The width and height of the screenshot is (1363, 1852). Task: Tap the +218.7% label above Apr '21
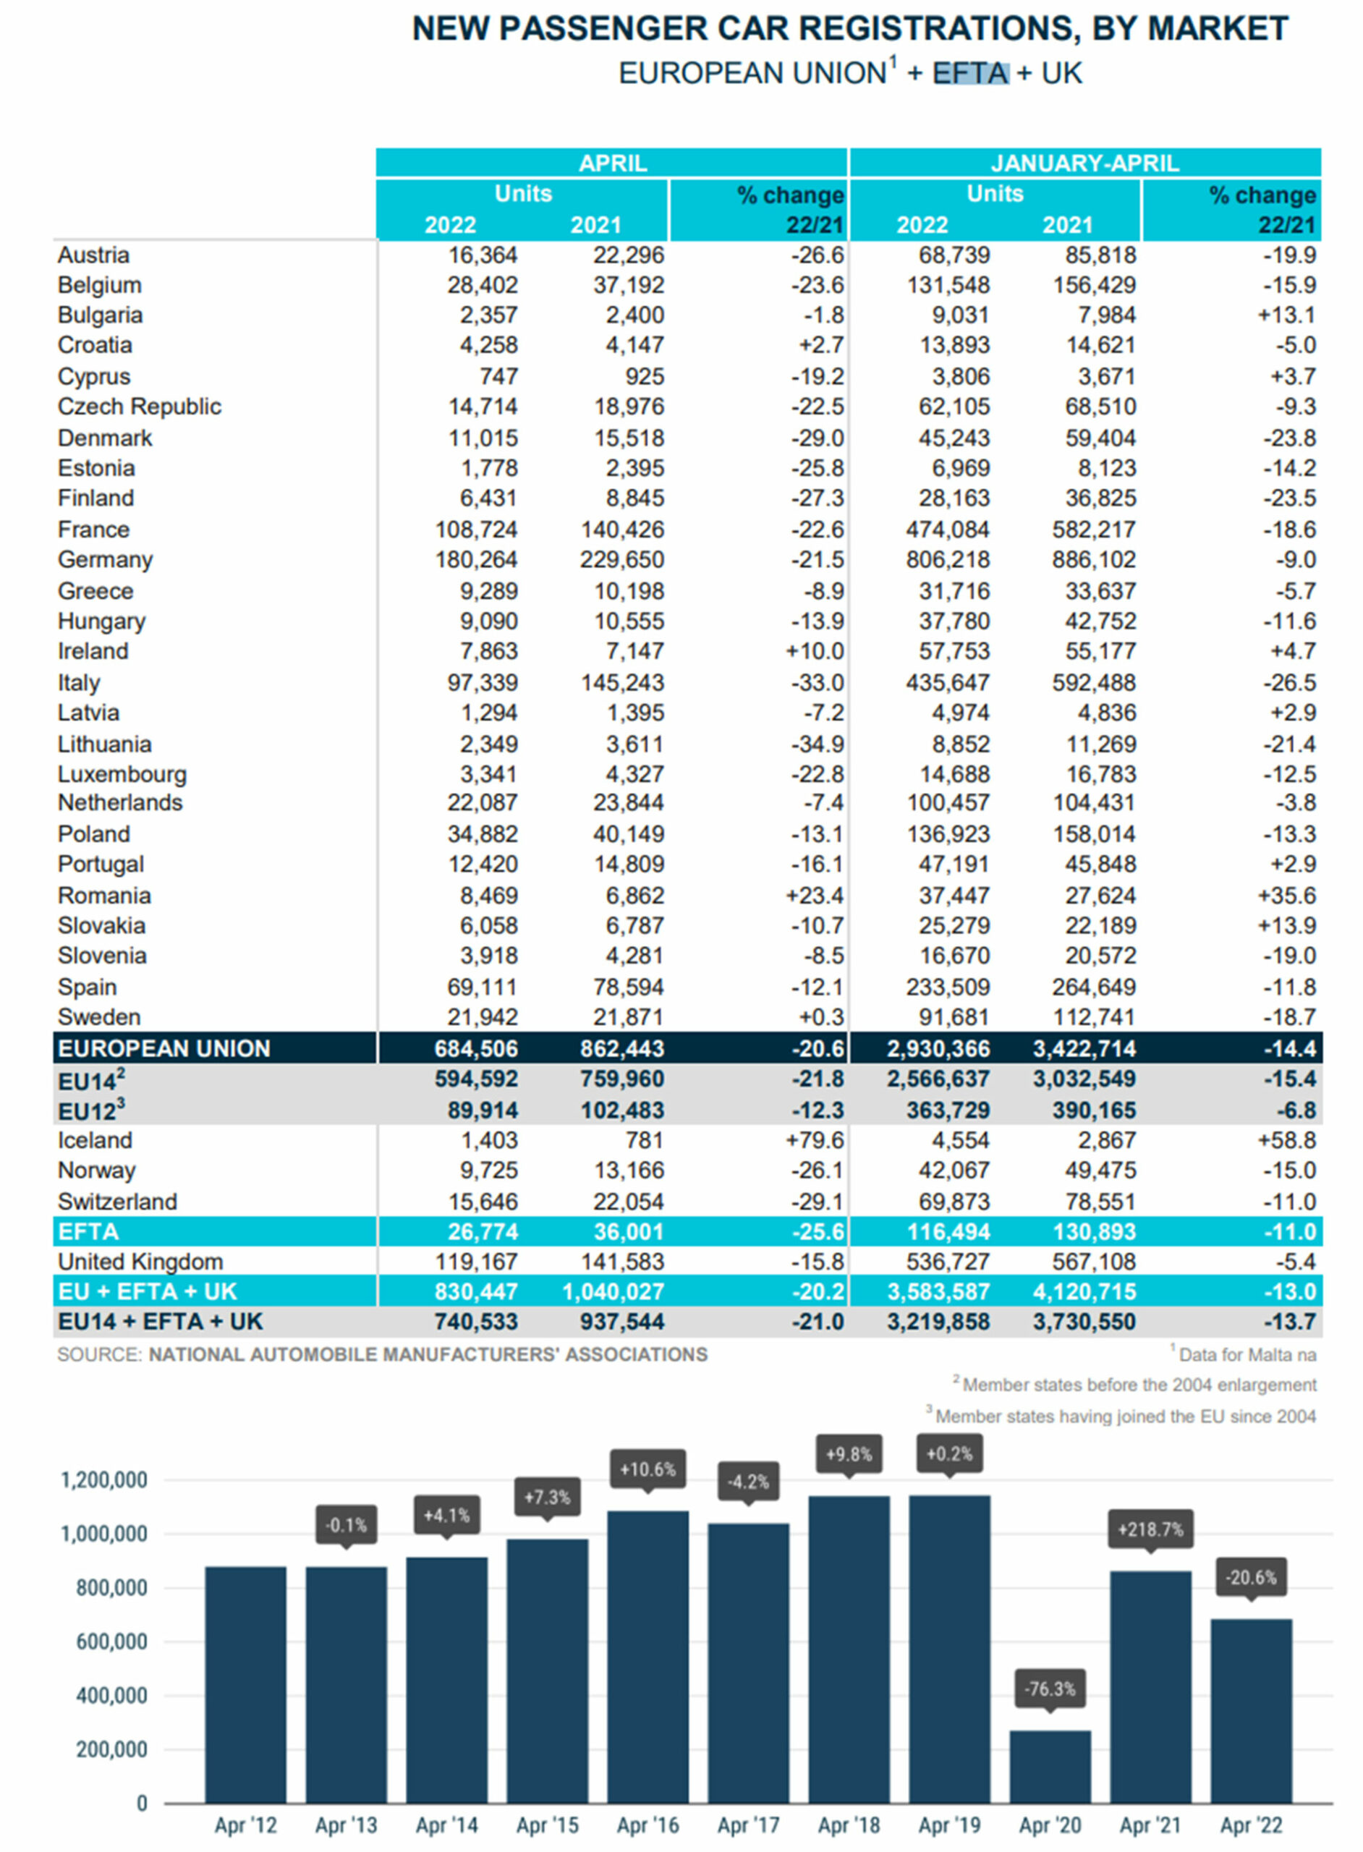click(1150, 1529)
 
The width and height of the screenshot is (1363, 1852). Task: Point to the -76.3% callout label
click(1050, 1689)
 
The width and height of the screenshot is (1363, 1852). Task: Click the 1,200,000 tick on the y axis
click(104, 1480)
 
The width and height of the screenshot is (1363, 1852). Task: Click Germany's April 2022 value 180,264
click(476, 559)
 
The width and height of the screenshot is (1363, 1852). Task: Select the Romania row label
click(104, 895)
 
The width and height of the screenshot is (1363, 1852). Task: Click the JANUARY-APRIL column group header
click(1084, 163)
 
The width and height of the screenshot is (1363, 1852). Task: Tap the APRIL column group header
click(612, 163)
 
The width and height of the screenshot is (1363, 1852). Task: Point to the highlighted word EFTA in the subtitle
click(970, 73)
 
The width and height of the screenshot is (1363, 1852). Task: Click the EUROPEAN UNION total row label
click(164, 1048)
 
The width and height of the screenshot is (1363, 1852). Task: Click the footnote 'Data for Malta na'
click(1247, 1354)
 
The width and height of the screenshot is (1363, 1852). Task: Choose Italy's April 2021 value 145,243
click(622, 682)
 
